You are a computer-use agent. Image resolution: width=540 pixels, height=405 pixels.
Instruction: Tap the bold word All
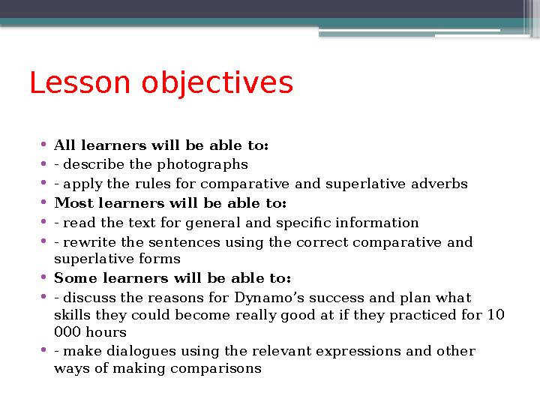[x=65, y=145]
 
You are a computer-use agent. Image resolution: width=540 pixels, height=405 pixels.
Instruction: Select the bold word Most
[x=72, y=203]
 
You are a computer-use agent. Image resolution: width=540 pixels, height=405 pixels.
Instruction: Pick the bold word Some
[x=73, y=279]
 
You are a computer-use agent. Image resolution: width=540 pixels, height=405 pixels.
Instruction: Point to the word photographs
[x=211, y=164]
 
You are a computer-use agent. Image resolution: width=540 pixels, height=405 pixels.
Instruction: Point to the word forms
[x=163, y=259]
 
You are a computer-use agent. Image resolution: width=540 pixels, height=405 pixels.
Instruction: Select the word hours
[x=106, y=331]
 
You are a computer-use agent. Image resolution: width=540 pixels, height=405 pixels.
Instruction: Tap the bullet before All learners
[x=45, y=145]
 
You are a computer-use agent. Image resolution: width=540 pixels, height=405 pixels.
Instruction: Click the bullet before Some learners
[x=45, y=279]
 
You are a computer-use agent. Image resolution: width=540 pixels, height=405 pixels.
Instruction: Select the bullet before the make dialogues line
[x=45, y=351]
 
